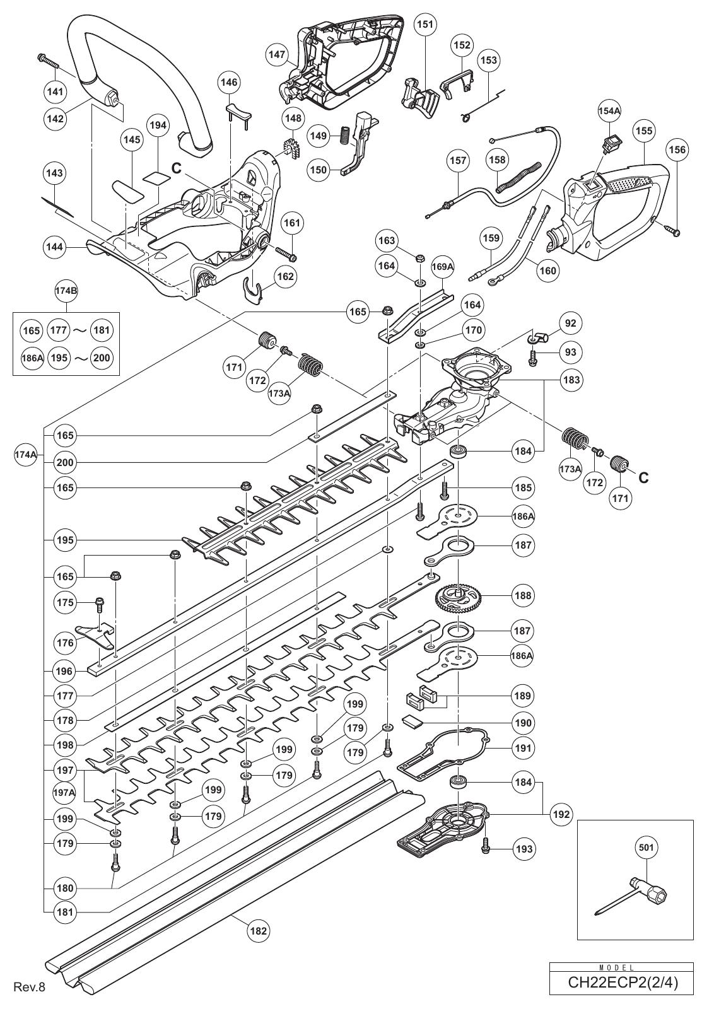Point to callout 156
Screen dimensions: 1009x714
679,149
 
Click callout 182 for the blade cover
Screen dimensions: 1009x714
259,930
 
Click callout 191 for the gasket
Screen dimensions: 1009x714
523,748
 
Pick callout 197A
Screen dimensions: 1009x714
64,791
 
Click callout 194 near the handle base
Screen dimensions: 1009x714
158,125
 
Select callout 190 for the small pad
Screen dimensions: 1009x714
523,723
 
